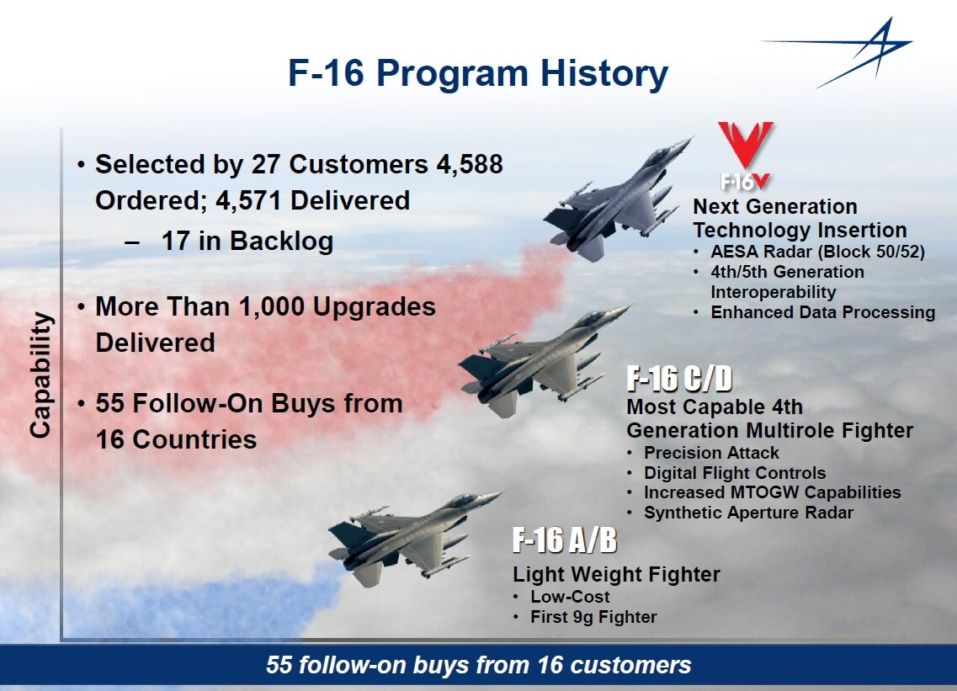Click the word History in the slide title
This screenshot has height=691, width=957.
click(603, 74)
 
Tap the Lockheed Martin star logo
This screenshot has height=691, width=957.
click(843, 52)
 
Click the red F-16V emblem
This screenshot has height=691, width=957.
click(745, 155)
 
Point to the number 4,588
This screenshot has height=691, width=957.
click(470, 165)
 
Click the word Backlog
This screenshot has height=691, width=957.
click(281, 241)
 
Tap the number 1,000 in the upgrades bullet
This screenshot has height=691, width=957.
click(272, 307)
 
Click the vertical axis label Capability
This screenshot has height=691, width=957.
click(40, 375)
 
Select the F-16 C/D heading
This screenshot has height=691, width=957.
click(679, 379)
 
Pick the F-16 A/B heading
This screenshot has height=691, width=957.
click(565, 540)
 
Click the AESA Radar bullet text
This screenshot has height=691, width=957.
click(818, 252)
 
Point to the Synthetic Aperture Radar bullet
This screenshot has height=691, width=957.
click(748, 513)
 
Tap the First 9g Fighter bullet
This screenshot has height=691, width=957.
click(593, 617)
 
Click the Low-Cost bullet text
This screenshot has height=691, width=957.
click(570, 597)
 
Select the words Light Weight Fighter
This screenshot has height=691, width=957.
click(616, 574)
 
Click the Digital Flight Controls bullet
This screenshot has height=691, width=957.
click(735, 473)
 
